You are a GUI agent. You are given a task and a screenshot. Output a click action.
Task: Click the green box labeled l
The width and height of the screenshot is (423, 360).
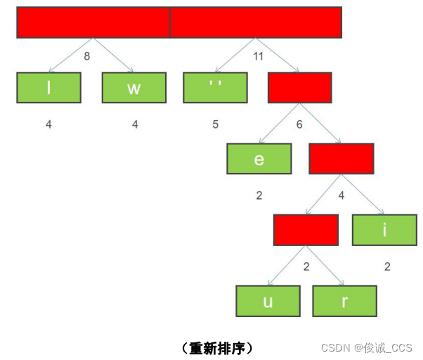coord(48,88)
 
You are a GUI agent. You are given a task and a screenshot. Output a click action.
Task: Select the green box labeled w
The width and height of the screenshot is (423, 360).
coord(134,88)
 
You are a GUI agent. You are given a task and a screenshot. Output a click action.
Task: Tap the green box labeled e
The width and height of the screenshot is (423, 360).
coord(259,159)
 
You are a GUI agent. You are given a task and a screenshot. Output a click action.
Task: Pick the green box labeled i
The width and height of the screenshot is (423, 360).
coord(384,230)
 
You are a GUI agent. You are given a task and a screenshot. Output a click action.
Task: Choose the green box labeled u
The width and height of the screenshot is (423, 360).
coord(268,301)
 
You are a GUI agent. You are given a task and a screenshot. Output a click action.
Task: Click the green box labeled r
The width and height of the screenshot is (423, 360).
coord(344,301)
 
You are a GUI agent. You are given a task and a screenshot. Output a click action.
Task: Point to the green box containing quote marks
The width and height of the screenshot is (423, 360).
coord(215,88)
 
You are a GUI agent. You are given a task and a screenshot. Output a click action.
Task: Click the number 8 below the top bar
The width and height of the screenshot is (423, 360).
coord(87,56)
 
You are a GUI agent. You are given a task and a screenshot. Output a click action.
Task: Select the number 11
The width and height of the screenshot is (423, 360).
coord(258,56)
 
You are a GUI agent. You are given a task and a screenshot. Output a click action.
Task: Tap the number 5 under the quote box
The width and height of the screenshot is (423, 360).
coord(216,124)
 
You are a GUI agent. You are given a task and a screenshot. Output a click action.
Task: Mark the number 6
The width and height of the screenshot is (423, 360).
coord(299,124)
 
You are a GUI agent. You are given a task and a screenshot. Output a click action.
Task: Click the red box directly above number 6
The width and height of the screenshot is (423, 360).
coord(299,88)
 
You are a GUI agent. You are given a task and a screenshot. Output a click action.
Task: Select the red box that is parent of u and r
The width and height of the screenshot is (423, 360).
coord(306,230)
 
